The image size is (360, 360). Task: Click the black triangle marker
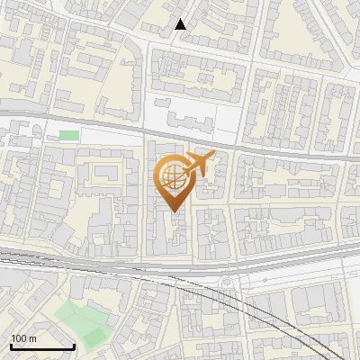tap(181, 24)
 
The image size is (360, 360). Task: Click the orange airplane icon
tap(197, 164)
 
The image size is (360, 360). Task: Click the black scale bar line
tap(41, 346)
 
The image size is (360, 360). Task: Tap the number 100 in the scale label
tap(19, 338)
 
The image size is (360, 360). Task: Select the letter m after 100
tap(32, 338)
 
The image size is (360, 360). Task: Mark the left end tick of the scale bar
tap(11, 345)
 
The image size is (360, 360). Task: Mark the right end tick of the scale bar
tap(73, 345)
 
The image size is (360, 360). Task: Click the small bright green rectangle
tap(68, 135)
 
